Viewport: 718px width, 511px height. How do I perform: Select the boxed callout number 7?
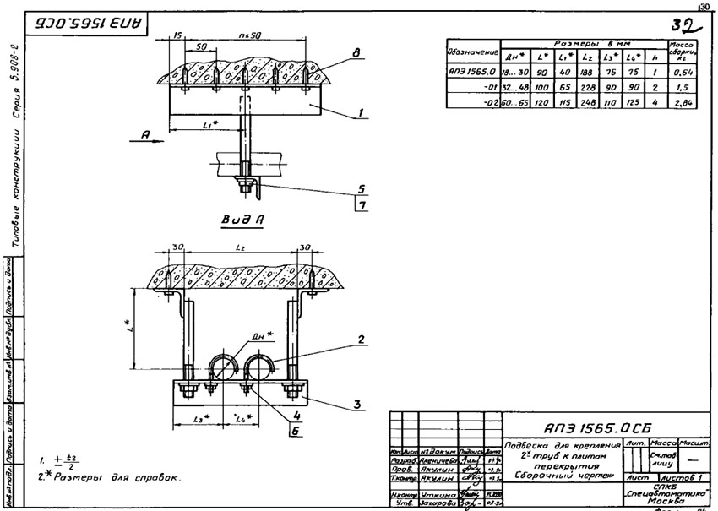[361, 206]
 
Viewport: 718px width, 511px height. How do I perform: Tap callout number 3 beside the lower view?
[357, 405]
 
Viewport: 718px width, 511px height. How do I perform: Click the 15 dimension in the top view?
[177, 36]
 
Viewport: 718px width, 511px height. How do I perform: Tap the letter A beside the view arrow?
[147, 133]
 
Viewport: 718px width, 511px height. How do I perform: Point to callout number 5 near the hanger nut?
[361, 188]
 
